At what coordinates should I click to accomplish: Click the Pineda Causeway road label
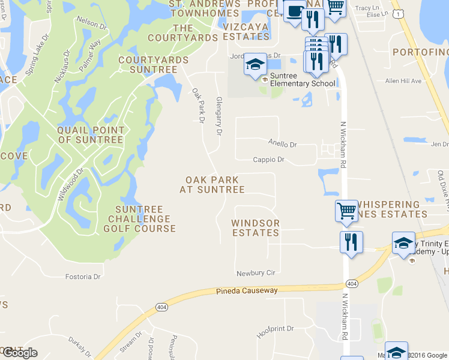(247, 291)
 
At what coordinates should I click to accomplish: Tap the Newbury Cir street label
(255, 272)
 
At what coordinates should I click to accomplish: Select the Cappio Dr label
(268, 160)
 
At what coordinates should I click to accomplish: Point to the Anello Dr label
(282, 145)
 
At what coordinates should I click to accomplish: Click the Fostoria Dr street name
(82, 277)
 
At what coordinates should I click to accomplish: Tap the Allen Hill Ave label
(403, 81)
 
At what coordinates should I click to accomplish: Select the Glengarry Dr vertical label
(218, 116)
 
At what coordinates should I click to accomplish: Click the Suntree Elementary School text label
(303, 80)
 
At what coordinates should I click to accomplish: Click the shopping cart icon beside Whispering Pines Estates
(346, 211)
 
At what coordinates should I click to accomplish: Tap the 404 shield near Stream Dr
(161, 308)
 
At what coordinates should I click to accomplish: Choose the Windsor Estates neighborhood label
(256, 227)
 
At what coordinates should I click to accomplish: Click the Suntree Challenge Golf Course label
(139, 218)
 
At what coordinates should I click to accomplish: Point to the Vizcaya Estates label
(246, 31)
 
